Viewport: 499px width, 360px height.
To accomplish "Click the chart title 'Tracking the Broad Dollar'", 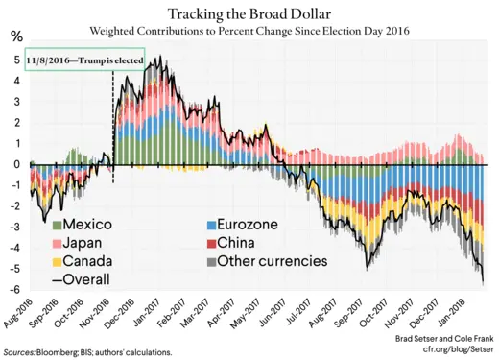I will (x=249, y=13).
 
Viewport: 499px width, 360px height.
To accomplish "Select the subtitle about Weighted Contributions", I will (x=249, y=32).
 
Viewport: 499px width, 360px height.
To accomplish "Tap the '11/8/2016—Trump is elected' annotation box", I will (x=85, y=60).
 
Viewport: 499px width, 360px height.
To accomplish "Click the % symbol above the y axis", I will (x=15, y=36).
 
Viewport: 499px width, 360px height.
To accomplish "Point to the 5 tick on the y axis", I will (x=17, y=60).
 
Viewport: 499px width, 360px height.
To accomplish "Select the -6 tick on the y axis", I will (x=15, y=290).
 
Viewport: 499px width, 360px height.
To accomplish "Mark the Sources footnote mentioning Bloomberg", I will (x=94, y=352).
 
